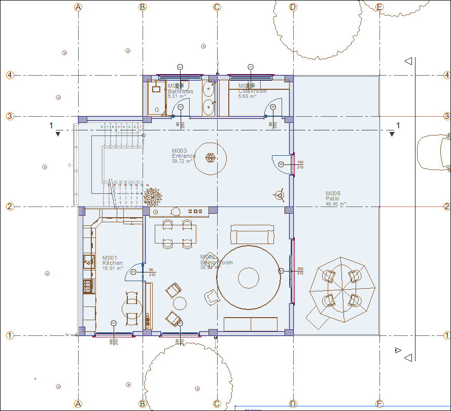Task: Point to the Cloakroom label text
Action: (252, 91)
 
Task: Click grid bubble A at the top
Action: (78, 7)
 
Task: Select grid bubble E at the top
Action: (379, 7)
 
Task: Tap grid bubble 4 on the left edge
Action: (10, 75)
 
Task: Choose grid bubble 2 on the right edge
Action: (446, 207)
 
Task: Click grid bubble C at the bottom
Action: (217, 404)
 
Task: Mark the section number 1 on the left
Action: (51, 125)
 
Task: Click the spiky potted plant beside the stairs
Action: (153, 196)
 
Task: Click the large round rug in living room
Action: (248, 277)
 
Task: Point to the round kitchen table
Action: (132, 308)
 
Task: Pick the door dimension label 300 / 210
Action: (300, 271)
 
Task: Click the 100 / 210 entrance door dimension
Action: (300, 164)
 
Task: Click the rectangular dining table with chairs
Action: (176, 234)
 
